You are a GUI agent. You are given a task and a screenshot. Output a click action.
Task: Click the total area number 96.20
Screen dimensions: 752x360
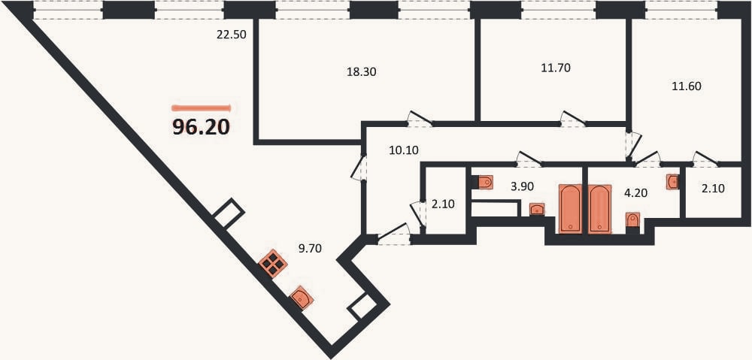pyautogui.click(x=202, y=126)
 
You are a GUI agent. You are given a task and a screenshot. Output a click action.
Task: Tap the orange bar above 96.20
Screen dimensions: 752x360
pyautogui.click(x=202, y=108)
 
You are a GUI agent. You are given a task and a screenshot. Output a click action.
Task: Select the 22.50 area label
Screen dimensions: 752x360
pyautogui.click(x=231, y=35)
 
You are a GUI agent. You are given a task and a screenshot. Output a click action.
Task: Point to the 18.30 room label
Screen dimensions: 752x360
pyautogui.click(x=361, y=72)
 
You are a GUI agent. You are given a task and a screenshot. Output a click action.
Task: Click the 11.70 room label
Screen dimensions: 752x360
pyautogui.click(x=556, y=68)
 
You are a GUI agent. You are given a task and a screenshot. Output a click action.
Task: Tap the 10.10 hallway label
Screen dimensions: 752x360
pyautogui.click(x=404, y=150)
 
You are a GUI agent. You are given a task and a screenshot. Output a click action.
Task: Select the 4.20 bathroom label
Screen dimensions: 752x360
pyautogui.click(x=636, y=194)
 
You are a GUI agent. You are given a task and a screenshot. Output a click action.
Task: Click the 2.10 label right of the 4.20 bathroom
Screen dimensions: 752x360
pyautogui.click(x=713, y=189)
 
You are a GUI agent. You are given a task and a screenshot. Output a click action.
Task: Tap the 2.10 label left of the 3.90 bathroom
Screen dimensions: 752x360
pyautogui.click(x=443, y=204)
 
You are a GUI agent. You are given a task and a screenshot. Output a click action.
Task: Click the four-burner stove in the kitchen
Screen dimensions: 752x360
pyautogui.click(x=273, y=264)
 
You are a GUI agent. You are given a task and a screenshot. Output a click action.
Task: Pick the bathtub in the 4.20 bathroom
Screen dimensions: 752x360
pyautogui.click(x=599, y=208)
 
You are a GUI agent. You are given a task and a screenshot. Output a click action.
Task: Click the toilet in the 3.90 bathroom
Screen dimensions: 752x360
pyautogui.click(x=485, y=182)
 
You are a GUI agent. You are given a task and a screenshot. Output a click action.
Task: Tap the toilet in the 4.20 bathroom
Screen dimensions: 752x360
pyautogui.click(x=633, y=220)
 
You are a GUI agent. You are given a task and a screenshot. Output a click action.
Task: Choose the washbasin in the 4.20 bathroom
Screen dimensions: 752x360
pyautogui.click(x=673, y=182)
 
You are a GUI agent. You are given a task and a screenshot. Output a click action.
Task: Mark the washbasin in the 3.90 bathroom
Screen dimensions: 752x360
pyautogui.click(x=537, y=210)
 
